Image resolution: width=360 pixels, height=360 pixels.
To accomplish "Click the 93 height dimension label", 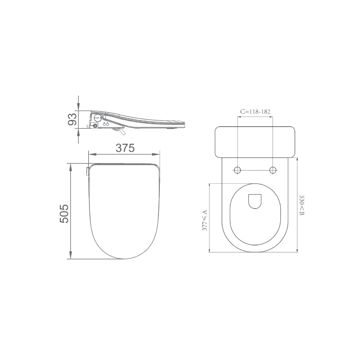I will coord(71,119).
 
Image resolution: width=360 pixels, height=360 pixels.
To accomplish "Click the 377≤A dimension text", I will coord(205,220).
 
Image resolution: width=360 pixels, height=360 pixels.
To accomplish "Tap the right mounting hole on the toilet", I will coord(273,170).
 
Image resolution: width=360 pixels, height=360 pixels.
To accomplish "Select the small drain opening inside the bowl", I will coord(255,202).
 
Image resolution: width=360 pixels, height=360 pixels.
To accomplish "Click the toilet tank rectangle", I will coord(255,142).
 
